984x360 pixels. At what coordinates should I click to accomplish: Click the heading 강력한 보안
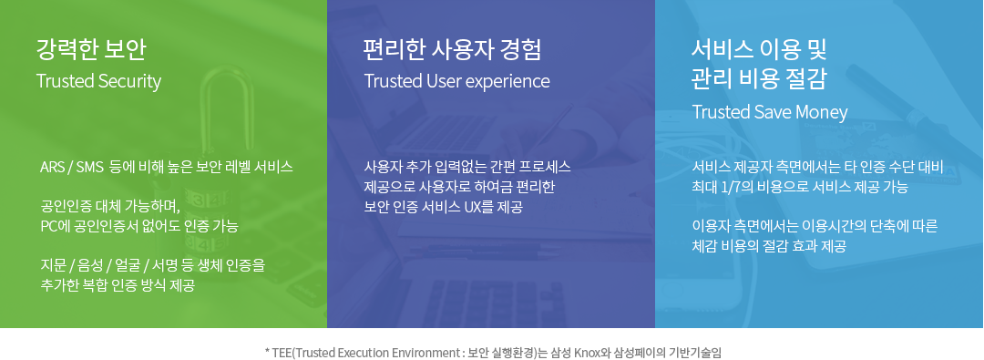[x=91, y=48]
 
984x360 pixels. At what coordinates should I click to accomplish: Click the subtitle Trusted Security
[x=98, y=81]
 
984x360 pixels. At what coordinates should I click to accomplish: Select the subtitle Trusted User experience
[x=456, y=81]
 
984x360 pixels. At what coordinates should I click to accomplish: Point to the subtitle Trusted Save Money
[x=770, y=112]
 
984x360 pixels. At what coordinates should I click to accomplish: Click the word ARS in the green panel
[x=52, y=168]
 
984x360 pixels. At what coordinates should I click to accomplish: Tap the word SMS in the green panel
[x=90, y=168]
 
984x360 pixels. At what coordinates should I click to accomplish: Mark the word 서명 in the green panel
[x=169, y=265]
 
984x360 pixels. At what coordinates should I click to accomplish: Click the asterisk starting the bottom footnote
[x=267, y=351]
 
